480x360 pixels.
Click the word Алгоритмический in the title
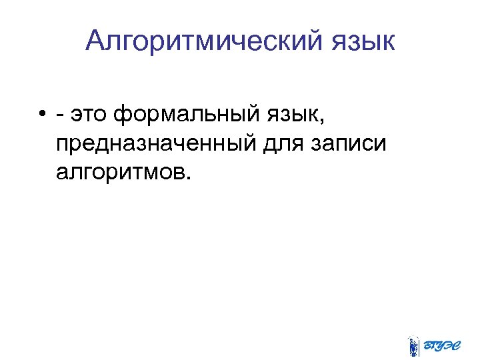[x=203, y=41]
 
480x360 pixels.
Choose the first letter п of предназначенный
[x=63, y=145]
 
